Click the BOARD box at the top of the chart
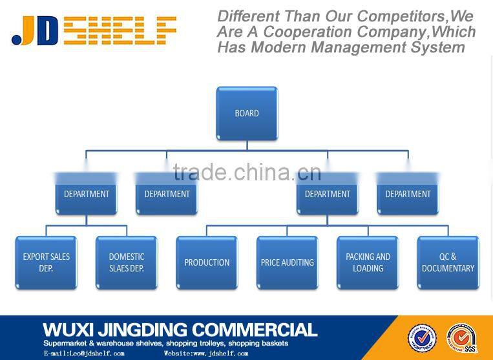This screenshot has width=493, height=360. point(247,114)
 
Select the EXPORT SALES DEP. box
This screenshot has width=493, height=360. point(46,262)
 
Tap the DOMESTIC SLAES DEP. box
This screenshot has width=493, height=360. point(127,262)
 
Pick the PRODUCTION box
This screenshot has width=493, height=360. point(207,262)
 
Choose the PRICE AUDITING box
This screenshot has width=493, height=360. point(288,262)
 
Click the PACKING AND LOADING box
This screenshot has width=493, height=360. point(368,262)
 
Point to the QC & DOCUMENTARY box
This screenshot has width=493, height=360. point(448,262)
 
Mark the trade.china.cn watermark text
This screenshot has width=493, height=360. point(247,172)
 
